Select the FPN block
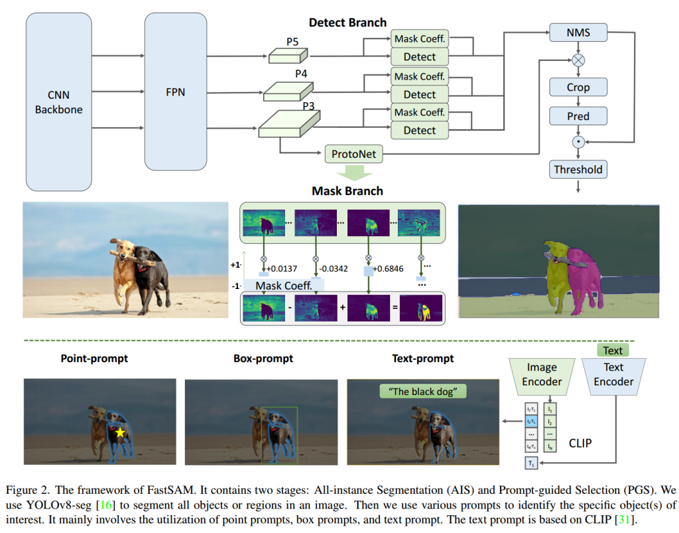(176, 92)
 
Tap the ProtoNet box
(354, 155)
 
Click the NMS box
(578, 32)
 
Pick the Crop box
(578, 88)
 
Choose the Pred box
(578, 116)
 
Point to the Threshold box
(578, 170)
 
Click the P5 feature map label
(292, 42)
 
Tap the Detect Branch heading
(347, 23)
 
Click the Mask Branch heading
(347, 192)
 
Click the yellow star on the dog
(120, 433)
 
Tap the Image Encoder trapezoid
(542, 375)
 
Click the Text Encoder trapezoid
(613, 375)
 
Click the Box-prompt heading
(263, 359)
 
